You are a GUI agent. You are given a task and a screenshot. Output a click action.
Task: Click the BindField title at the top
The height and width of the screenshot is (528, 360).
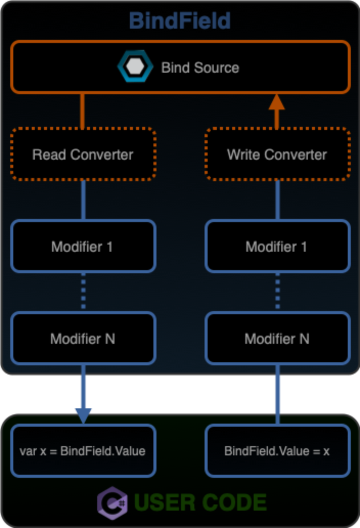coord(180,21)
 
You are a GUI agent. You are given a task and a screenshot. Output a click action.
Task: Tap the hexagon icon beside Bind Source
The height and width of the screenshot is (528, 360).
coord(135,67)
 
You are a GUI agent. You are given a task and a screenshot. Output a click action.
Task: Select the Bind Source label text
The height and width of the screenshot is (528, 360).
coord(200,68)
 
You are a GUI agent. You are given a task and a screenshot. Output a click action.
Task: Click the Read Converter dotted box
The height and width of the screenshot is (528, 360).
coord(83,155)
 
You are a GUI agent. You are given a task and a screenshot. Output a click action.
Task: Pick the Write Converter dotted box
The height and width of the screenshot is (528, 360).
coord(277,155)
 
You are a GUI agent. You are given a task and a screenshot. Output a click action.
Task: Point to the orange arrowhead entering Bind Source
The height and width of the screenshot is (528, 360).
coord(277,102)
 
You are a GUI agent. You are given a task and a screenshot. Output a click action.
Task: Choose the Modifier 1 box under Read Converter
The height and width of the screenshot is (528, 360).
coord(83,247)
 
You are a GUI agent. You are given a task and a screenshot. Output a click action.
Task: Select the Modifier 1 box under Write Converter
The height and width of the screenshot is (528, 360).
coord(277,247)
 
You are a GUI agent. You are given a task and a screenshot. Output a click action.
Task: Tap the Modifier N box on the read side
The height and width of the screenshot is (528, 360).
coord(83,339)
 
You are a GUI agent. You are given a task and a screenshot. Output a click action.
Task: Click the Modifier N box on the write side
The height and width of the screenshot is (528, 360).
coord(277,339)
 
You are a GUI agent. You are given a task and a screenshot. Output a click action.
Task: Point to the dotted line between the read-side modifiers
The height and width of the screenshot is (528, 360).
coord(83,292)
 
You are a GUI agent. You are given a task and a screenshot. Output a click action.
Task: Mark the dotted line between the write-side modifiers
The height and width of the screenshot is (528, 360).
coord(277,292)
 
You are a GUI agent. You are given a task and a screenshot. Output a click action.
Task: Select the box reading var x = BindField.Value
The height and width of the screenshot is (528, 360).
coord(83,451)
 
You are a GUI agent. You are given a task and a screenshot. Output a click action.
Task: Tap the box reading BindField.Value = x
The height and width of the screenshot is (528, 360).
coord(277,451)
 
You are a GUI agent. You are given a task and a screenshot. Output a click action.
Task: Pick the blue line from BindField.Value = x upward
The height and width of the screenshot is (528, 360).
coord(277,394)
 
